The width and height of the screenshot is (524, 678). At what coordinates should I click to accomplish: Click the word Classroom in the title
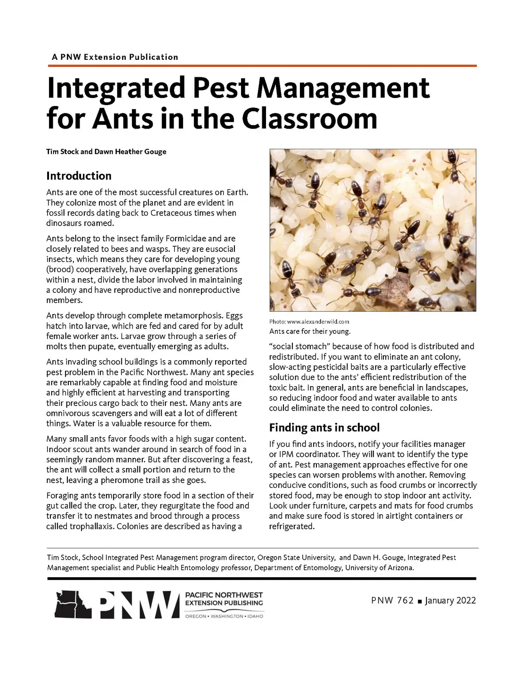click(309, 118)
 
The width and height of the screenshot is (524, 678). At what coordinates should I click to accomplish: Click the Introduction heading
click(79, 176)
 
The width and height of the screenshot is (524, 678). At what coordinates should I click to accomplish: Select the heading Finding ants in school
click(324, 428)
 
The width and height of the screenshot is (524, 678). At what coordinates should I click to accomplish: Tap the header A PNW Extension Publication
click(115, 57)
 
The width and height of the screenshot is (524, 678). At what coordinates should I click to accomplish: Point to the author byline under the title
click(106, 152)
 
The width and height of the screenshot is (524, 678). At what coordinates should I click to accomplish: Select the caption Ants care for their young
click(310, 331)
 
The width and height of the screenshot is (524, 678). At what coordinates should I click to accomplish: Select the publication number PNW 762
click(392, 600)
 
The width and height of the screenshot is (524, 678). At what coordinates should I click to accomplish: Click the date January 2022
click(450, 600)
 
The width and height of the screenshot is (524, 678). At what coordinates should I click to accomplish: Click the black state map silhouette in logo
click(73, 605)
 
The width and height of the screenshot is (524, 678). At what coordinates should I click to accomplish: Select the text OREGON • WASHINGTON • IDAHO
click(224, 616)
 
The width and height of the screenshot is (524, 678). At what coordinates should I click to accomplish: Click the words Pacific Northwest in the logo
click(224, 595)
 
